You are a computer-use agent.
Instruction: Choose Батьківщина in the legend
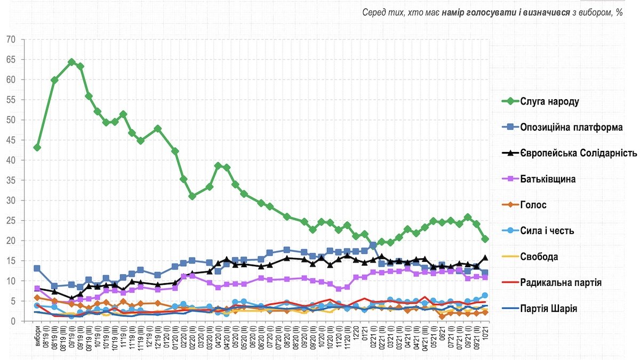point(548,179)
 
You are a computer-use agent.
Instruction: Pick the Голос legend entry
point(534,205)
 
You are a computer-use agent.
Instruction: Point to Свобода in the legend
point(539,257)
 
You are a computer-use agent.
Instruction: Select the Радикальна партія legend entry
point(561,283)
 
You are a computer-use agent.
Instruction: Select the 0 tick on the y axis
point(13,321)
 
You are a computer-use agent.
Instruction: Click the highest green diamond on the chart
point(71,62)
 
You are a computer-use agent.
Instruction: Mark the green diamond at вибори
point(37,147)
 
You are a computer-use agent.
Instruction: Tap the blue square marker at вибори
point(37,269)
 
